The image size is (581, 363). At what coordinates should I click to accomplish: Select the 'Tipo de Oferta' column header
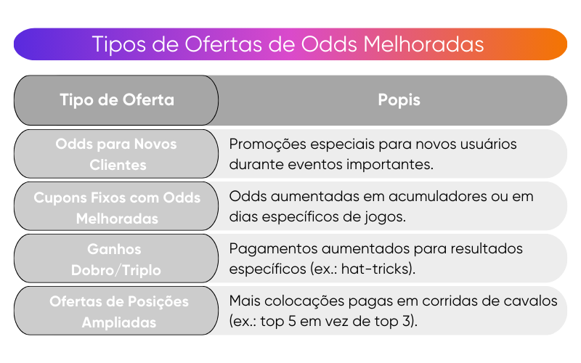[x=116, y=100]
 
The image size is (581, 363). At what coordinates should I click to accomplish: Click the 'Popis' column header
[x=399, y=100]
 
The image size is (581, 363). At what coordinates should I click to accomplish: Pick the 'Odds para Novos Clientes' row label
[x=116, y=154]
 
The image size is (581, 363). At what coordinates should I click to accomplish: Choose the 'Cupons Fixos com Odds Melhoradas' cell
[x=116, y=208]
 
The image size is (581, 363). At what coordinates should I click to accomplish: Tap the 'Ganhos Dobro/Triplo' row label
[x=116, y=259]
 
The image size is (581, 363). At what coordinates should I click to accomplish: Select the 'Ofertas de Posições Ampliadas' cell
[x=116, y=311]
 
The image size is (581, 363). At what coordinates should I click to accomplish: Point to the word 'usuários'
[x=487, y=144]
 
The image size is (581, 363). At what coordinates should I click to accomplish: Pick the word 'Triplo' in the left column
[x=141, y=270]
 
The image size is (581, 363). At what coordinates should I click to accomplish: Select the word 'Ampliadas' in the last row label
[x=118, y=322]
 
